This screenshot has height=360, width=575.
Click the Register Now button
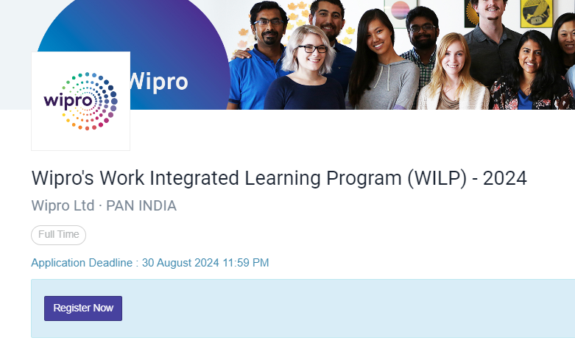(x=83, y=308)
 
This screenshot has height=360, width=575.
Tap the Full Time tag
(x=59, y=235)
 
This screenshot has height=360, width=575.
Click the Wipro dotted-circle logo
(x=81, y=101)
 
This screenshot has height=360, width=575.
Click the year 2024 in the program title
(x=504, y=179)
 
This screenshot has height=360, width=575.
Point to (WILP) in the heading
(x=437, y=179)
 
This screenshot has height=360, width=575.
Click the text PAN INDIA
(x=141, y=206)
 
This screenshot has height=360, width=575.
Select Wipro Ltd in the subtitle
(x=63, y=206)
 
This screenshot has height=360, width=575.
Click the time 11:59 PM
(x=246, y=263)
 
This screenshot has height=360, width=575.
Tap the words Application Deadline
(x=82, y=264)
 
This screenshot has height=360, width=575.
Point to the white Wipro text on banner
(x=158, y=82)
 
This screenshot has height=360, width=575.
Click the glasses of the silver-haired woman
(x=312, y=48)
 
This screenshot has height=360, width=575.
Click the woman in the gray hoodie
(x=381, y=63)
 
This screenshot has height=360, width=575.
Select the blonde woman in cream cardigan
(x=453, y=74)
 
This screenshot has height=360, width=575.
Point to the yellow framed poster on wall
(x=537, y=13)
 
